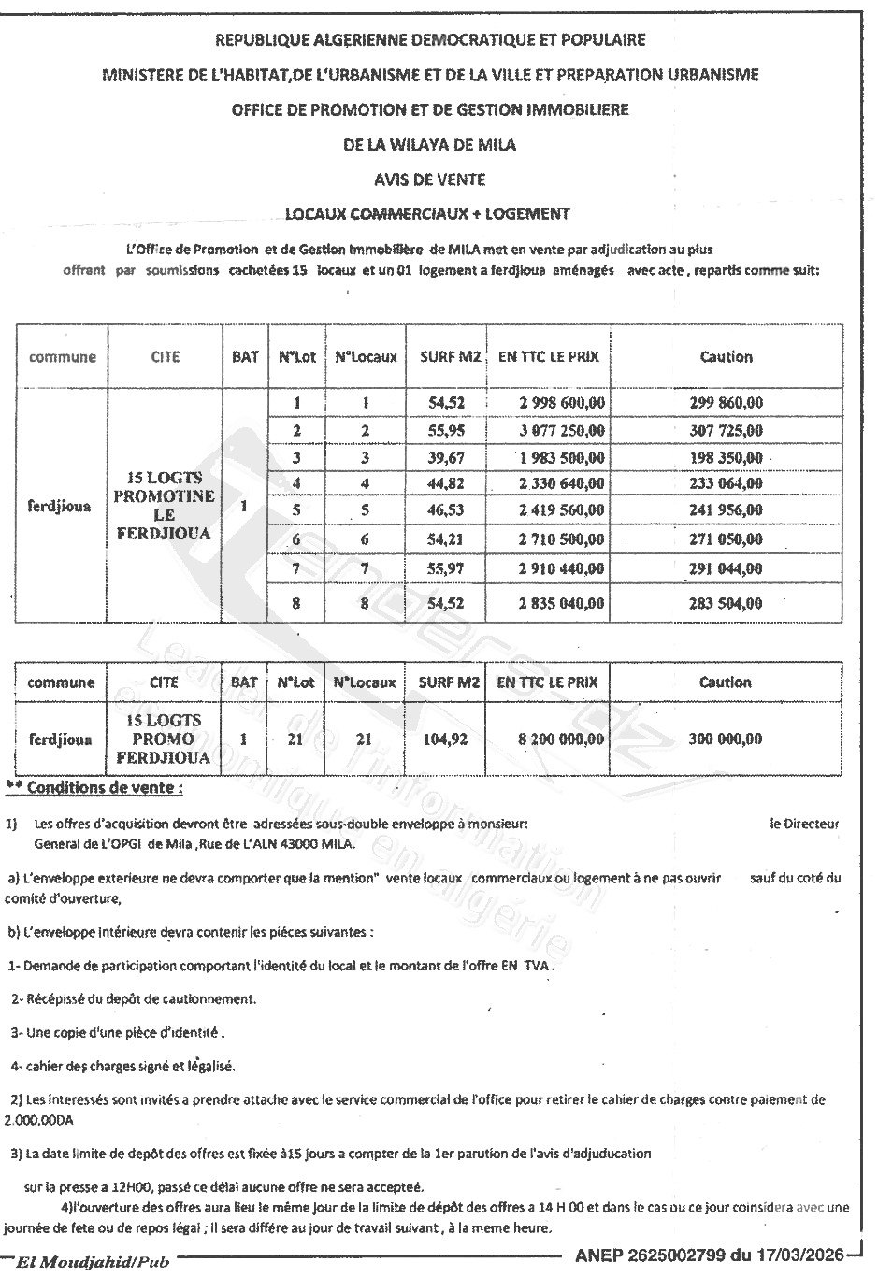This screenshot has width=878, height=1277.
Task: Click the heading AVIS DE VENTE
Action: (429, 179)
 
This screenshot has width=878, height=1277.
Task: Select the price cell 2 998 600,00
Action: (561, 403)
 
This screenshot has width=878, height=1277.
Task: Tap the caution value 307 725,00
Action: (726, 431)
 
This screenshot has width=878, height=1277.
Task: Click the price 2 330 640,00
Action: (561, 483)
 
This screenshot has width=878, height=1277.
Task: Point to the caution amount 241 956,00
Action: (726, 510)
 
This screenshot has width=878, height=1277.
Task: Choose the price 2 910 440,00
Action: (561, 568)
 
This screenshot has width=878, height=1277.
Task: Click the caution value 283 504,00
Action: (726, 604)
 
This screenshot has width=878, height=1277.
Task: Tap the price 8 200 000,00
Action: (561, 739)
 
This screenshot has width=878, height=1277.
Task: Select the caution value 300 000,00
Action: (726, 739)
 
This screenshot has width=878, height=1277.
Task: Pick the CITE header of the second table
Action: (164, 682)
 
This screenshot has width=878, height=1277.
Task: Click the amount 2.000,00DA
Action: (39, 1118)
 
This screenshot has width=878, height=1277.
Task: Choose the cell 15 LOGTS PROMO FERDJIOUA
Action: (164, 739)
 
